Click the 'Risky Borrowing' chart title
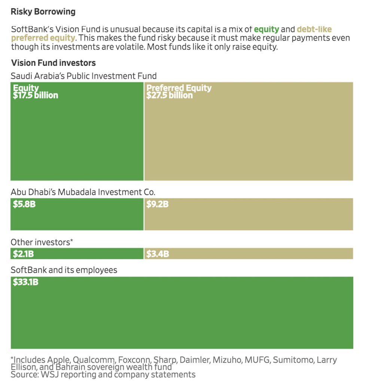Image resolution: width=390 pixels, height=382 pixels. (43, 12)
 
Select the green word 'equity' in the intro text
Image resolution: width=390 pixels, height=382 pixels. (266, 29)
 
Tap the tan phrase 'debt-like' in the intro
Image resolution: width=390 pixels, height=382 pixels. (314, 29)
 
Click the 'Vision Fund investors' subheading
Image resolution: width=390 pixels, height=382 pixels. (53, 63)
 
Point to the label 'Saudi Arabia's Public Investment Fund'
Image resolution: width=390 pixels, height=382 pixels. (83, 76)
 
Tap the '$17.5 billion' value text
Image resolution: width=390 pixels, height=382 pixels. (36, 95)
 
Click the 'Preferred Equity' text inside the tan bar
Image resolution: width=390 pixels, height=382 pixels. (179, 88)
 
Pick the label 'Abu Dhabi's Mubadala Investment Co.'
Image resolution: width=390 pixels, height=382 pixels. (83, 192)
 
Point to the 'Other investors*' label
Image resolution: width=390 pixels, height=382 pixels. (42, 242)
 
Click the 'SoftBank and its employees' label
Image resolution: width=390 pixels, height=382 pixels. (64, 270)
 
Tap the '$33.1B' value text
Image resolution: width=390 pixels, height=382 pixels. (25, 282)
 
